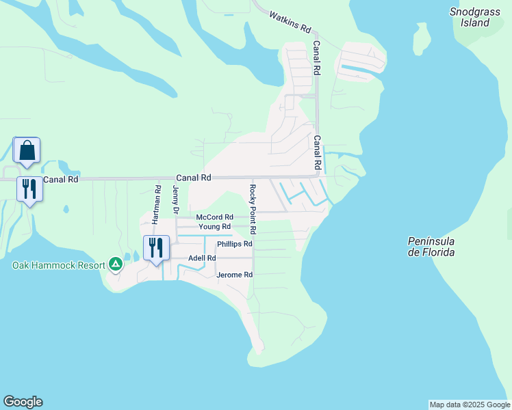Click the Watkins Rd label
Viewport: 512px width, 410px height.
[x=290, y=23]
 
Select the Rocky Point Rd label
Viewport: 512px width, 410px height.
[x=253, y=201]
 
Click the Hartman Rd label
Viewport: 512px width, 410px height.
[x=157, y=204]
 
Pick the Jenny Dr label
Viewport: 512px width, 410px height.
[x=176, y=200]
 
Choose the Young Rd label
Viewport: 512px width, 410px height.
[x=214, y=227]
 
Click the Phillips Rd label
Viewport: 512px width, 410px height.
[x=235, y=244]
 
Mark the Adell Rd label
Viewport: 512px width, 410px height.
[x=202, y=258]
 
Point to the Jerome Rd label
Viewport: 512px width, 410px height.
[x=235, y=275]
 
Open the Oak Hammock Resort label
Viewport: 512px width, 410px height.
[x=57, y=265]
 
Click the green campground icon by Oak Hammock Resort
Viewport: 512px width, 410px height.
[x=116, y=264]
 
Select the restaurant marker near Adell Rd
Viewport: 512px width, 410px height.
[x=156, y=248]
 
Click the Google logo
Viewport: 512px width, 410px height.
[x=23, y=402]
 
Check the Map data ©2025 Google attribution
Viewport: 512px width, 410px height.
[x=470, y=405]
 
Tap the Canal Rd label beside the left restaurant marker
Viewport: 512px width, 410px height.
[x=61, y=179]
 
